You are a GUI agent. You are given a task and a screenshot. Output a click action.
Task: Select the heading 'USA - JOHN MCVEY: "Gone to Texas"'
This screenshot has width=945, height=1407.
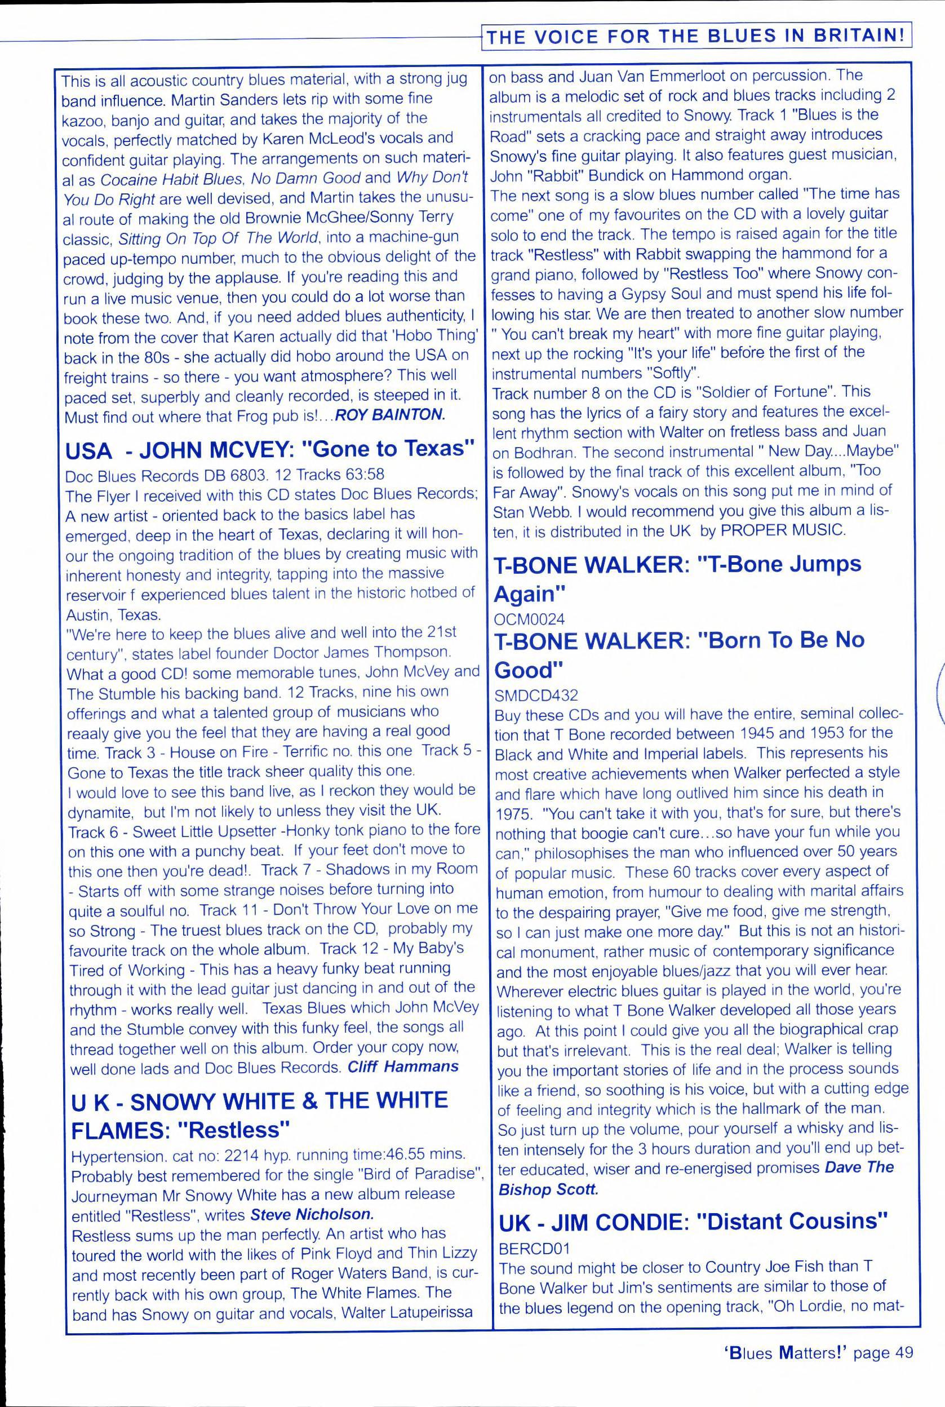pyautogui.click(x=270, y=450)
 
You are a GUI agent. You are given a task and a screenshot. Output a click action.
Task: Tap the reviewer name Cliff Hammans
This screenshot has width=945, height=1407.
pyautogui.click(x=402, y=1067)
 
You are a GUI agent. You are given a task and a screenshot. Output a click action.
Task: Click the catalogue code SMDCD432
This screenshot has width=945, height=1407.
pyautogui.click(x=536, y=695)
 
